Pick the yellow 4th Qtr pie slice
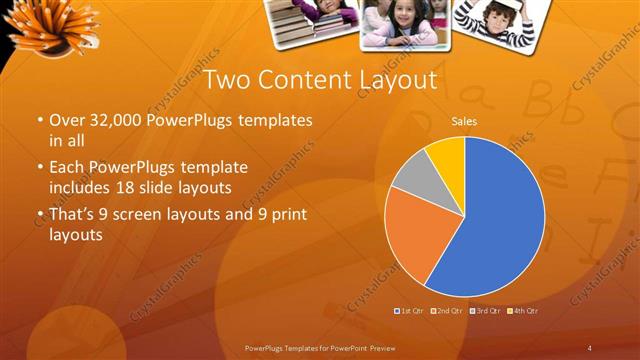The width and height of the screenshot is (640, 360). point(447,154)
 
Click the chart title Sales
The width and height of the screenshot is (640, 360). point(464,121)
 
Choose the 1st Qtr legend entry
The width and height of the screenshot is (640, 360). point(411,312)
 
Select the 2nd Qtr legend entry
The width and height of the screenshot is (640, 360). point(449,312)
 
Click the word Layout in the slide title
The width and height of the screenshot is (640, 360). point(391,79)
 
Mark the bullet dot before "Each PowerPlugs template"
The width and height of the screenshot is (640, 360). point(41,167)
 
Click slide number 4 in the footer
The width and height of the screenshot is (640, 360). point(590,347)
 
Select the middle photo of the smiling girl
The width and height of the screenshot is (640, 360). point(405,22)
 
